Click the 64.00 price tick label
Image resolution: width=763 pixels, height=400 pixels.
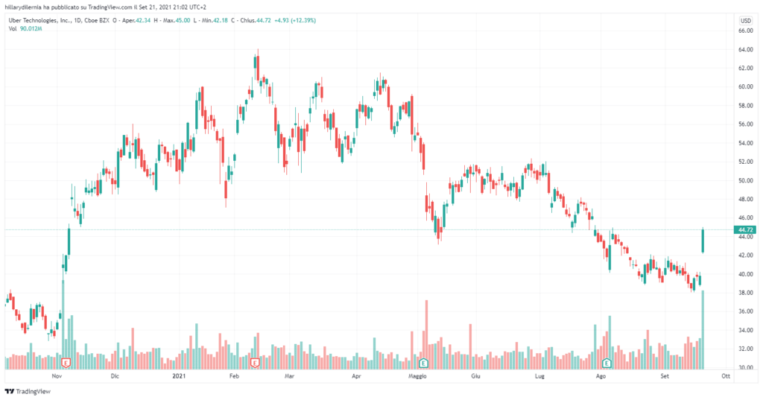(x=744, y=50)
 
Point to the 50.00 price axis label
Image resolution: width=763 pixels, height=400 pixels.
(x=744, y=181)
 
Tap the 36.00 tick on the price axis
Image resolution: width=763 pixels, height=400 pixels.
(x=744, y=312)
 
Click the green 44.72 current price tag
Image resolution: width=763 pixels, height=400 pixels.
(x=744, y=230)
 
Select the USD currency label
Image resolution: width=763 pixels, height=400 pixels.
(x=744, y=20)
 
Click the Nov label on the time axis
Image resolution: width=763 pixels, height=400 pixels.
(x=57, y=377)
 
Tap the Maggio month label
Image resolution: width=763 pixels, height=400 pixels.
(x=417, y=377)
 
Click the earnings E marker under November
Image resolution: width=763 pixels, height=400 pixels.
(x=66, y=363)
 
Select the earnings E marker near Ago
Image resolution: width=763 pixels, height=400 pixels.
(x=607, y=363)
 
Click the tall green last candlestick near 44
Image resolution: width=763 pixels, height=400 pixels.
(x=703, y=241)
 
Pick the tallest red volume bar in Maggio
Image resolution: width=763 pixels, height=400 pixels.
(x=426, y=334)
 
